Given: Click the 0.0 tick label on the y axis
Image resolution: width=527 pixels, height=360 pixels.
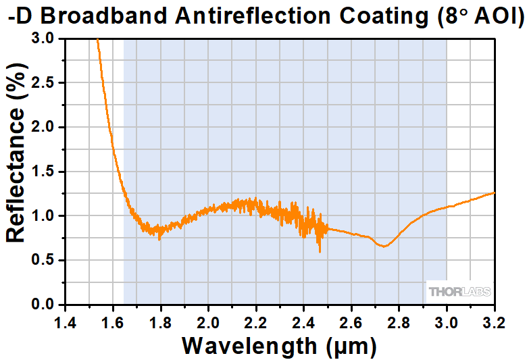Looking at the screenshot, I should coord(45,305).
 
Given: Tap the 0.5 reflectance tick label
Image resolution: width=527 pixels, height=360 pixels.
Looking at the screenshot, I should coord(45,260).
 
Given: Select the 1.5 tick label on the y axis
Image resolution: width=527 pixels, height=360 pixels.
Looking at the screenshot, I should coord(45,172).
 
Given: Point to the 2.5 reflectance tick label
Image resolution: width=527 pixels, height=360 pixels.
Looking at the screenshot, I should coord(45,83).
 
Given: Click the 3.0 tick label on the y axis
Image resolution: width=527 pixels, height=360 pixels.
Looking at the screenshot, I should coord(45,39).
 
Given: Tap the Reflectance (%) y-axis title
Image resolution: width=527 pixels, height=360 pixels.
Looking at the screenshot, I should coord(16,172).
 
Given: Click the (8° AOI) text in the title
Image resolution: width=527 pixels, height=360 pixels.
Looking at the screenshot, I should coord(477,15).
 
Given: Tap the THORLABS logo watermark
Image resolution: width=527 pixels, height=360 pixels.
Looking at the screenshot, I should coord(459,292).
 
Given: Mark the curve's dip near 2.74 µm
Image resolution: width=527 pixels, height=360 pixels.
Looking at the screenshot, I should coord(384,247).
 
